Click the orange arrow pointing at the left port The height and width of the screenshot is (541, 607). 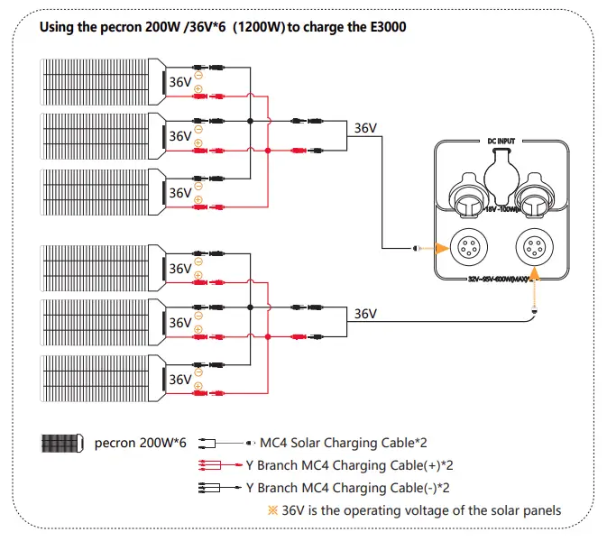424,249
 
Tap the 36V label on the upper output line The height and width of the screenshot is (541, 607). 365,128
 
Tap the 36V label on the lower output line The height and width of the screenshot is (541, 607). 365,314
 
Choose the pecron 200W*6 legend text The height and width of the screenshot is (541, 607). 140,445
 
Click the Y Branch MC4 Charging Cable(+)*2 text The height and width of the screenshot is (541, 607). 347,466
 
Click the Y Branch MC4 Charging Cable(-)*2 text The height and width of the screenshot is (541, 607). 347,488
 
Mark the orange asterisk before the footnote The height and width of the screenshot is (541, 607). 274,510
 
